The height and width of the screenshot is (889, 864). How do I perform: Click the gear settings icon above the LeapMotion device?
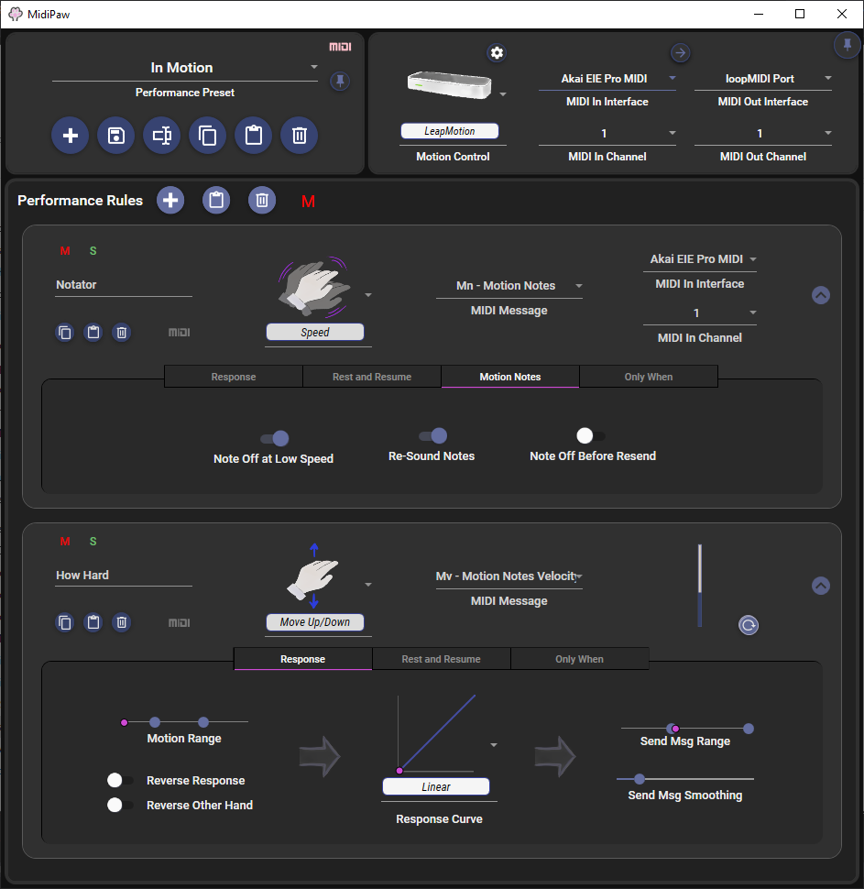[x=497, y=53]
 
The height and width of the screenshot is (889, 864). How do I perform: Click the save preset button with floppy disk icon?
[x=116, y=136]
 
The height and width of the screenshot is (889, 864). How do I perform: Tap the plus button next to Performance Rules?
[x=170, y=200]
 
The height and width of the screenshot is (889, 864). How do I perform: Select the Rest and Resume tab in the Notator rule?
[x=372, y=377]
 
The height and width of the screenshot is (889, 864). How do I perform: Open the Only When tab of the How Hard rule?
[x=579, y=659]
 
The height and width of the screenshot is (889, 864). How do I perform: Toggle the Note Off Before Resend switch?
[x=590, y=435]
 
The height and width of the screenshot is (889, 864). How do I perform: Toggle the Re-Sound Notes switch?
[x=433, y=435]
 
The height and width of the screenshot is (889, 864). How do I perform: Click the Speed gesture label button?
[x=315, y=333]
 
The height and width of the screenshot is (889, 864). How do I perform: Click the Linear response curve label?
[x=436, y=787]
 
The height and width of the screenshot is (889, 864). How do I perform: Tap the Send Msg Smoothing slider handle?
[x=640, y=779]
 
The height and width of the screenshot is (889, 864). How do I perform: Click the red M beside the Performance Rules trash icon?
[x=309, y=202]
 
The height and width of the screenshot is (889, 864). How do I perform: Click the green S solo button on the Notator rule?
[x=93, y=250]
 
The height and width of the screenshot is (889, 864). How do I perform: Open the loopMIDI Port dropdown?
[x=763, y=79]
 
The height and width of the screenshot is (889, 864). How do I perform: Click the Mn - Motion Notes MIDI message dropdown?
[x=509, y=286]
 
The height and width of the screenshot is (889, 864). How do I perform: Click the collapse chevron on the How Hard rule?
[x=821, y=586]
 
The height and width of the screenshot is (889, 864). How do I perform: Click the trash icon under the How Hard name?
[x=121, y=622]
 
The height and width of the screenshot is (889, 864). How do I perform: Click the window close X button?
[x=842, y=14]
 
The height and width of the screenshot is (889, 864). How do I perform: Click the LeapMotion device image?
[x=450, y=85]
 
